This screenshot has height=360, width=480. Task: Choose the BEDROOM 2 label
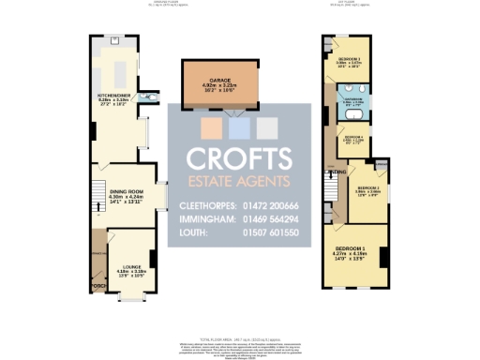[x=364, y=190]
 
